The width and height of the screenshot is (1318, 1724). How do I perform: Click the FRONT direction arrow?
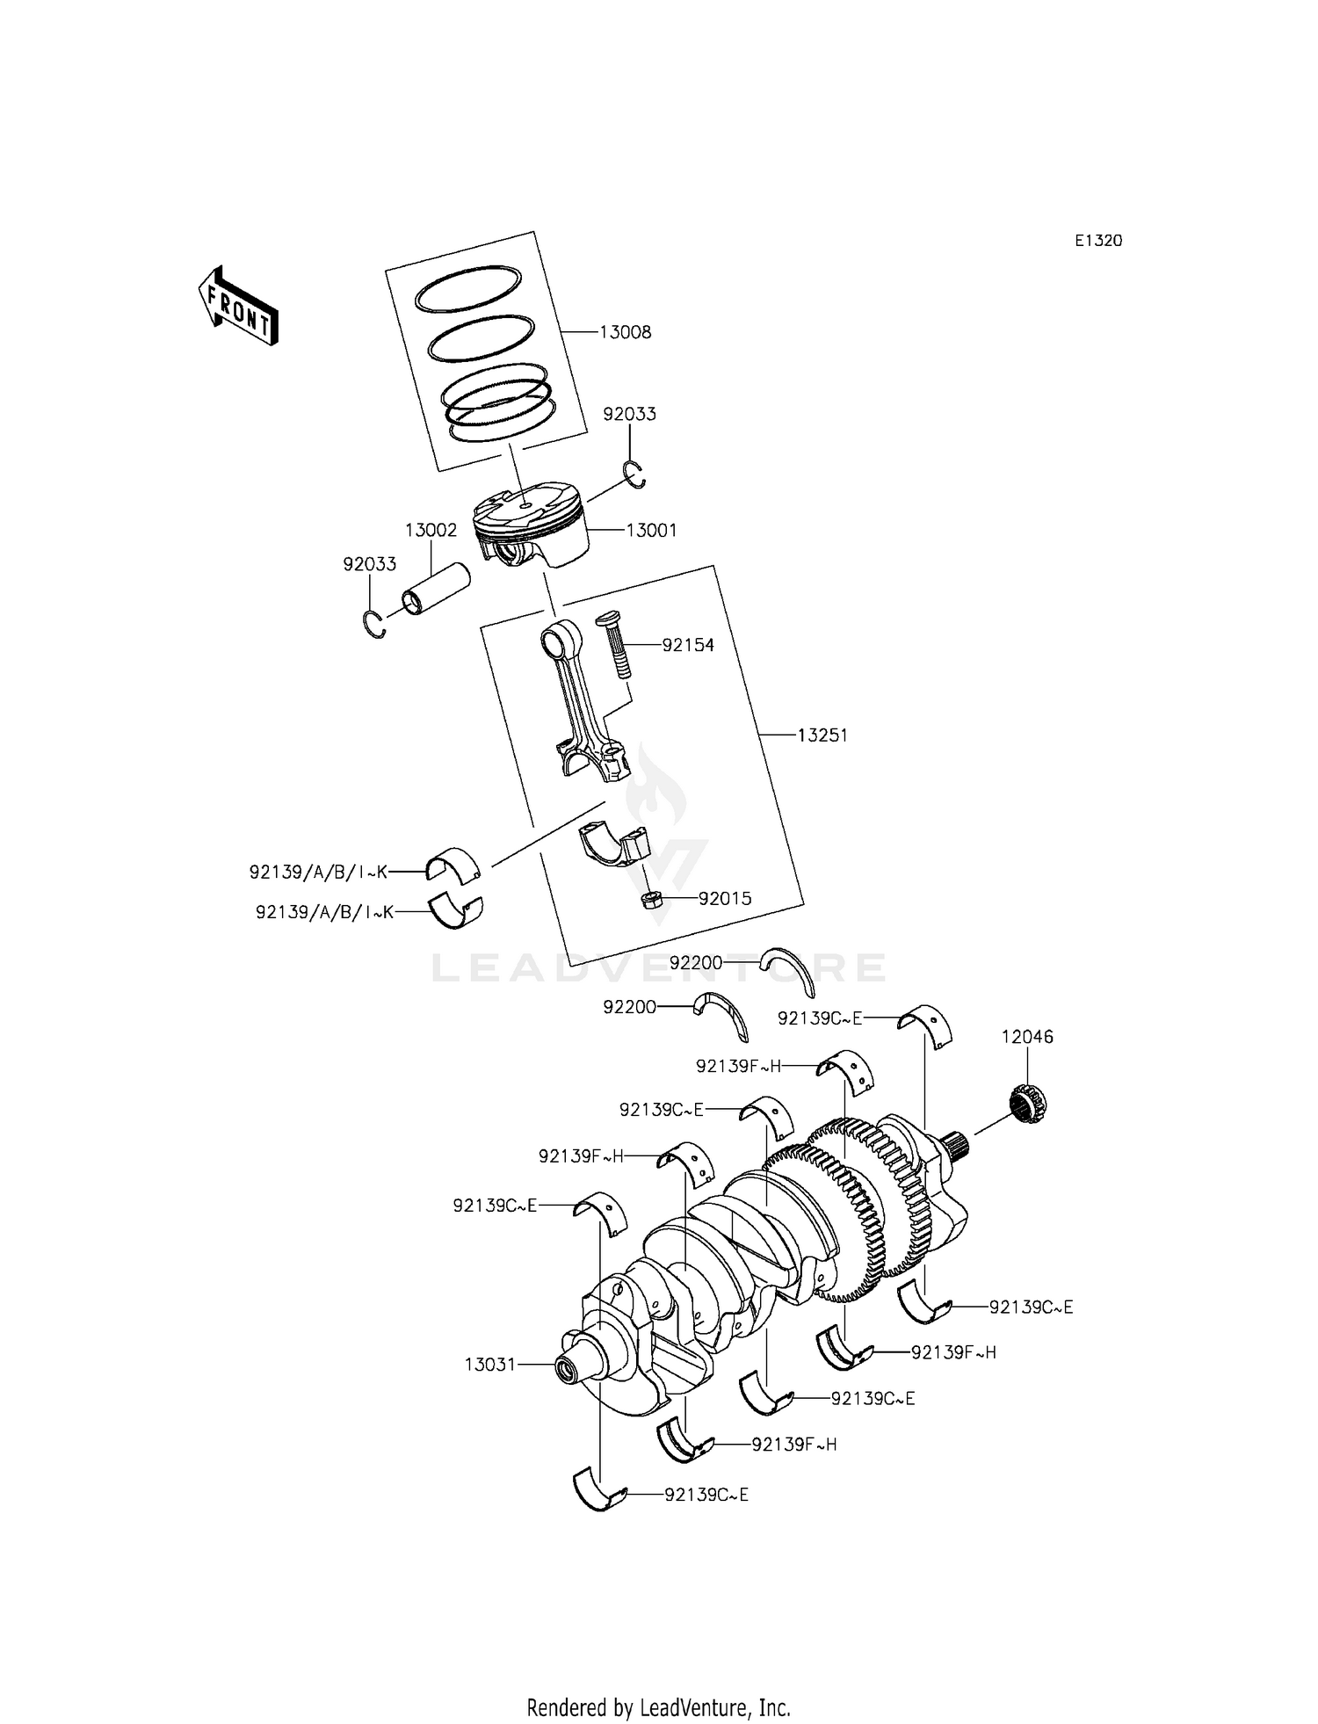(236, 304)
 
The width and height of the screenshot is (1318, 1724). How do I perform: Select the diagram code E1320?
(1097, 241)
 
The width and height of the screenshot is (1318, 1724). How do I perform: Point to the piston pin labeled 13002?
(436, 588)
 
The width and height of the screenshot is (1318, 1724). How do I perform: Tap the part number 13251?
(822, 735)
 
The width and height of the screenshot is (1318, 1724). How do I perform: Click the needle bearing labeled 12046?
(1025, 1104)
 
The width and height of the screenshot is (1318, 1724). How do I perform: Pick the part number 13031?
(490, 1365)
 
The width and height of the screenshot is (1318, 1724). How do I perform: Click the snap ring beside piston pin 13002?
(375, 623)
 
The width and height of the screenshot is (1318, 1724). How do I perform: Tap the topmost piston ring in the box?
(468, 288)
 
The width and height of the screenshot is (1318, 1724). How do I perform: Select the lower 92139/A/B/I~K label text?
(323, 912)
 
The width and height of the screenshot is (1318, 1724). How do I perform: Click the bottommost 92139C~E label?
(706, 1495)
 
